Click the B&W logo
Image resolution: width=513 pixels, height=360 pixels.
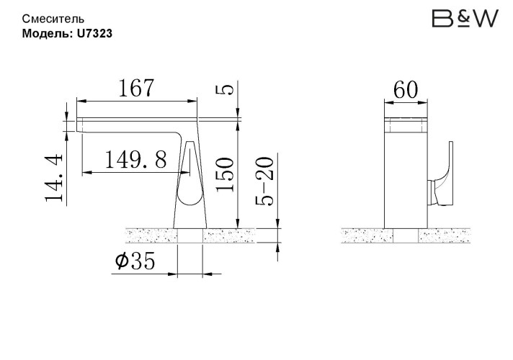point(465,19)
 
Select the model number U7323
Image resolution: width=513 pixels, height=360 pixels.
point(94,32)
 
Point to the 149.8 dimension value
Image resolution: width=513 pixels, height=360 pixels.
point(135,158)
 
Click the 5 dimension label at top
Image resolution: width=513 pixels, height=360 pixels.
point(225,89)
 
